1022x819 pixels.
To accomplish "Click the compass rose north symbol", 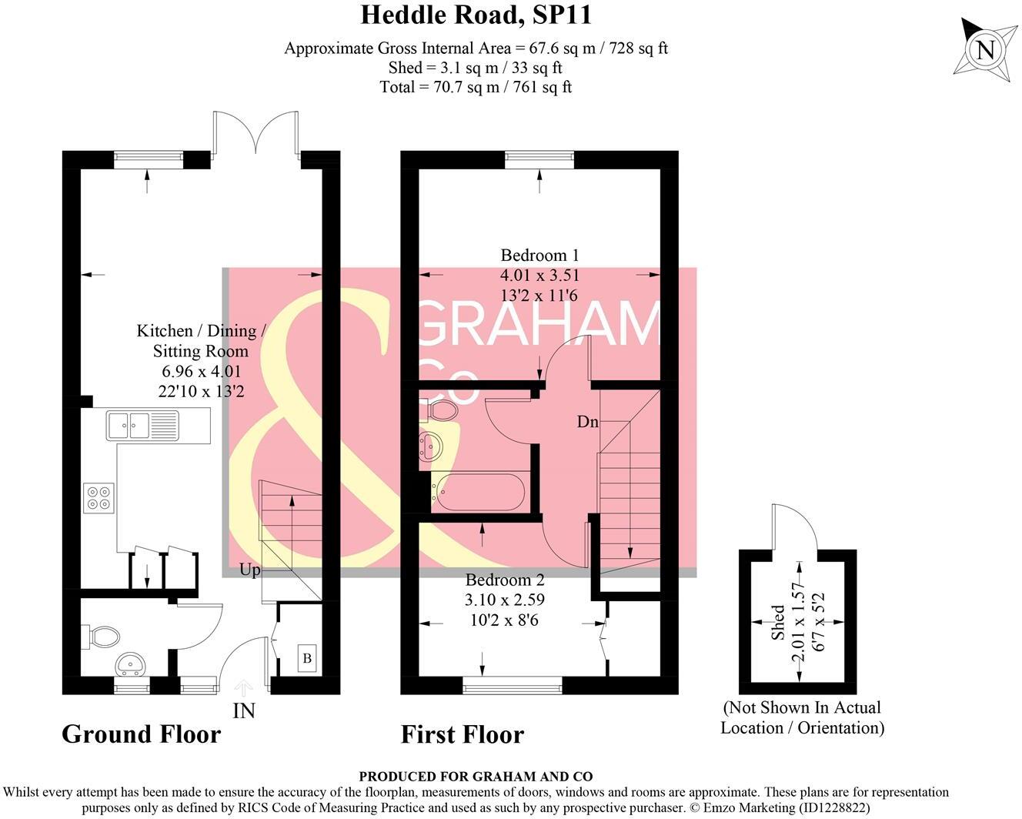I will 984,51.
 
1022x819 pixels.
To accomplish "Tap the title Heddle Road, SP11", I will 476,15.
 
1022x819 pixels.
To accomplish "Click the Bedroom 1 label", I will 539,256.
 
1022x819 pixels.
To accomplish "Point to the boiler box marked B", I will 307,659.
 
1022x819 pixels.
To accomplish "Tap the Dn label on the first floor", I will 588,422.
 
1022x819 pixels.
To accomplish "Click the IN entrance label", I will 243,710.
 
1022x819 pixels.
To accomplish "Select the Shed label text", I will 778,622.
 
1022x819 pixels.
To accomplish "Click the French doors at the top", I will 256,135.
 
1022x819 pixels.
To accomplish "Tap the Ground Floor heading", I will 141,734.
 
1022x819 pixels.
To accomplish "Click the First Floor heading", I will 462,734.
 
